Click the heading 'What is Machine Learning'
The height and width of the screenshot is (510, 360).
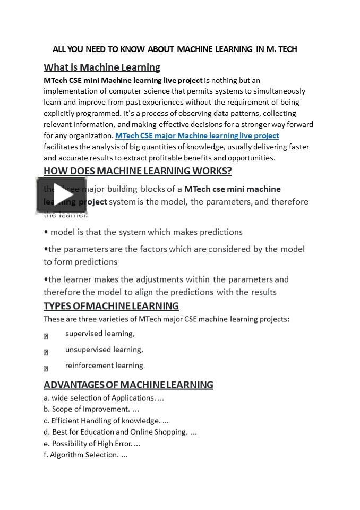click(102, 67)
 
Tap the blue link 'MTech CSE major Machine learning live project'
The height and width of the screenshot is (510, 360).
click(197, 135)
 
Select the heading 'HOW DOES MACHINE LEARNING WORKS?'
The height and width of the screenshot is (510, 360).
click(138, 171)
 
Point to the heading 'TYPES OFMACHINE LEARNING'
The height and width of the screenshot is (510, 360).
click(111, 306)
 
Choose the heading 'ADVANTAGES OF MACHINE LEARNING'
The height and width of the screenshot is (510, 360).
click(128, 385)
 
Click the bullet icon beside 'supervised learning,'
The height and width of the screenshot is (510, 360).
click(46, 336)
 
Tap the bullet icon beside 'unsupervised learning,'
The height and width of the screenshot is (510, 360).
click(46, 352)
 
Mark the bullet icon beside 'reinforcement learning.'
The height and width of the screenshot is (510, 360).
click(46, 368)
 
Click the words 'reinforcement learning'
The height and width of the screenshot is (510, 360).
click(104, 365)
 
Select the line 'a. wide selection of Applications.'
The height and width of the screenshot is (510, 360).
click(104, 398)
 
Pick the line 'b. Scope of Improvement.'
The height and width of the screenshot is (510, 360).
click(91, 409)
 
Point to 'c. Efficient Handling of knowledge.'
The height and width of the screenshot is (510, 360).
click(106, 421)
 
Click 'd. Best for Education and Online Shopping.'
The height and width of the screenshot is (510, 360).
click(120, 432)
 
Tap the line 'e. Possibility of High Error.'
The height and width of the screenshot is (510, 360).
click(92, 444)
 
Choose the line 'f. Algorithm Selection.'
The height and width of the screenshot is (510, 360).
click(85, 455)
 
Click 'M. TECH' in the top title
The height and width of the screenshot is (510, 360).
click(281, 49)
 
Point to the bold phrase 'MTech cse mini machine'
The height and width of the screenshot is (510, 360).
click(232, 189)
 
